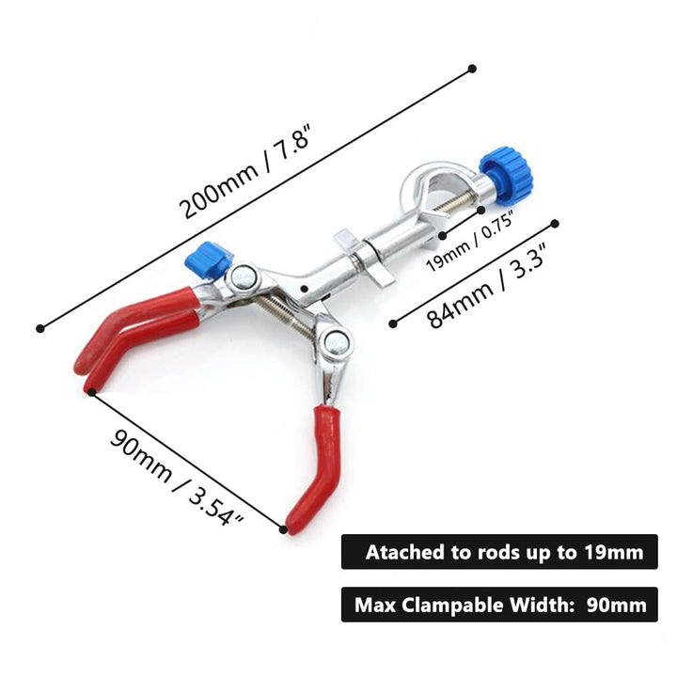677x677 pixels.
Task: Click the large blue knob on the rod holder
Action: click(x=507, y=176)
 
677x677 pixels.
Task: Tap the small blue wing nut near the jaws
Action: click(x=208, y=260)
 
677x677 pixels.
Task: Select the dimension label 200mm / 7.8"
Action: click(x=245, y=172)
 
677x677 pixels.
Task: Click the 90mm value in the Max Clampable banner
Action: click(x=617, y=605)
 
